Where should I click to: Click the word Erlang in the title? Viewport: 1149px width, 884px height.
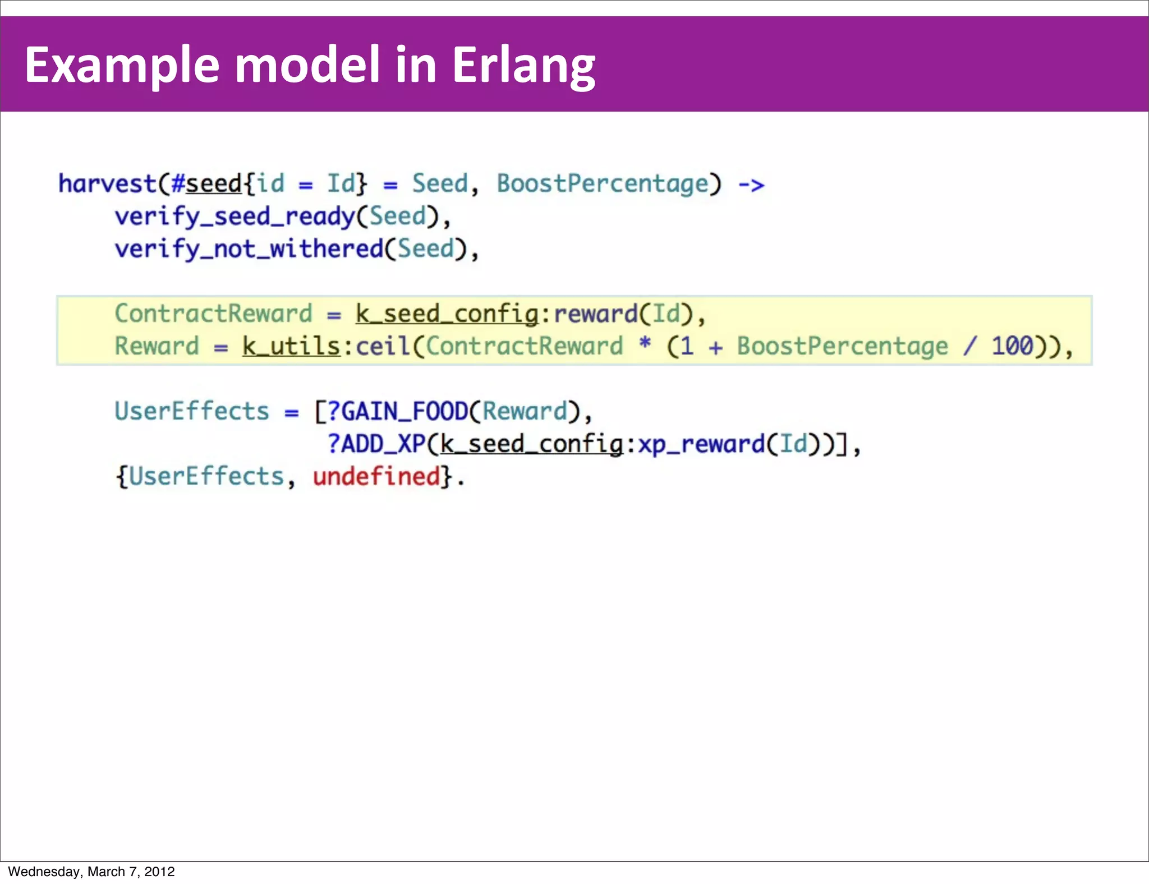point(523,66)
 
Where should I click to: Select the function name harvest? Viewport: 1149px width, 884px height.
point(107,184)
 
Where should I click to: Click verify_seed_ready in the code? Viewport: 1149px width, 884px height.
point(235,217)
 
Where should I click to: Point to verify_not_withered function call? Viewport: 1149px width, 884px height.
point(249,250)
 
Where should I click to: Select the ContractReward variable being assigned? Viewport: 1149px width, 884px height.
point(213,314)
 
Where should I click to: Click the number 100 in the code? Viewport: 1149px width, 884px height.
point(1012,346)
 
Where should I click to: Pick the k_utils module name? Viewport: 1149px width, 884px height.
point(291,346)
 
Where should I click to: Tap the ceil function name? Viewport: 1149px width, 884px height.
point(383,346)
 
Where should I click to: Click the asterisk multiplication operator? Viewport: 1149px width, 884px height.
point(645,343)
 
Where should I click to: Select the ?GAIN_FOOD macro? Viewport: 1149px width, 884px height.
point(397,412)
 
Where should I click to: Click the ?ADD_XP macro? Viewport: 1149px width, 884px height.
point(376,444)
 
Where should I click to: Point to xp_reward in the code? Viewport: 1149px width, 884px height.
point(701,444)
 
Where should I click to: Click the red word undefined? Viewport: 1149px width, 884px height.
point(376,477)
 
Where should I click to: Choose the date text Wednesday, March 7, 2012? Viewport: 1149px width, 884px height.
point(91,872)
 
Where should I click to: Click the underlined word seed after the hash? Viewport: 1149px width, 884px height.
point(214,184)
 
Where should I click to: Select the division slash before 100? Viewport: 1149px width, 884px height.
point(969,346)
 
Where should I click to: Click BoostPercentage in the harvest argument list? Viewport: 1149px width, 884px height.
point(603,184)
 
